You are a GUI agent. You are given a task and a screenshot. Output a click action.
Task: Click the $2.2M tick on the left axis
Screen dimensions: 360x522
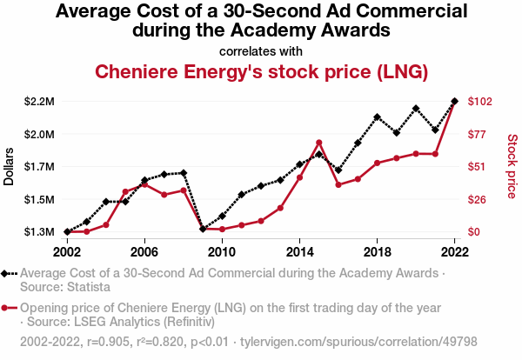40,102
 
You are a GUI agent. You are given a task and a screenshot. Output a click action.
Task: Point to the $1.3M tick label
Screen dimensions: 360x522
40,232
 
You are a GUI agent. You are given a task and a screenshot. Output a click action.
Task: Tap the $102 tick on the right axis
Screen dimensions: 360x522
481,102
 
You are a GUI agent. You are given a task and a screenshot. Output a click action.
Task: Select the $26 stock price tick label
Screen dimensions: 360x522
478,200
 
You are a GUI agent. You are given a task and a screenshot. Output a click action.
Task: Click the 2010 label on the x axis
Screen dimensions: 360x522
222,251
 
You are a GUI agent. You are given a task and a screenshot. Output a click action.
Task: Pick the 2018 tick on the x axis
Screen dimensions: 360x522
378,251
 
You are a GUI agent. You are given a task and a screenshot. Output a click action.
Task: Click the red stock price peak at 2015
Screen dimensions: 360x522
319,143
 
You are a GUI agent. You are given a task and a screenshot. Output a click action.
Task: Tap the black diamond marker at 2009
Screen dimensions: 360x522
203,229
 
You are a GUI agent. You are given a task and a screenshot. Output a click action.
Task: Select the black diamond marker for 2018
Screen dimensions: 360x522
378,117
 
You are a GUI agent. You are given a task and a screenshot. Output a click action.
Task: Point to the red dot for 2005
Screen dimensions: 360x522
125,191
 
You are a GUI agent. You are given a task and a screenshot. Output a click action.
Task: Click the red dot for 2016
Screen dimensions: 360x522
338,185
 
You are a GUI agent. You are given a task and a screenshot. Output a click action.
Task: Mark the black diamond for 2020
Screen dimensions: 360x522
416,109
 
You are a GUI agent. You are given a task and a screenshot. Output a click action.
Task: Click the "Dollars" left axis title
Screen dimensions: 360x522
10,166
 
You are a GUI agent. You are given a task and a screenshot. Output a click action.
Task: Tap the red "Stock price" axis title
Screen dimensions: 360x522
511,164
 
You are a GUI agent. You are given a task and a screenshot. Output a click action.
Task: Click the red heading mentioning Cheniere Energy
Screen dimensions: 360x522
260,71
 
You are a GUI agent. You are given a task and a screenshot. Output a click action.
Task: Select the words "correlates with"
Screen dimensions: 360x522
260,50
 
